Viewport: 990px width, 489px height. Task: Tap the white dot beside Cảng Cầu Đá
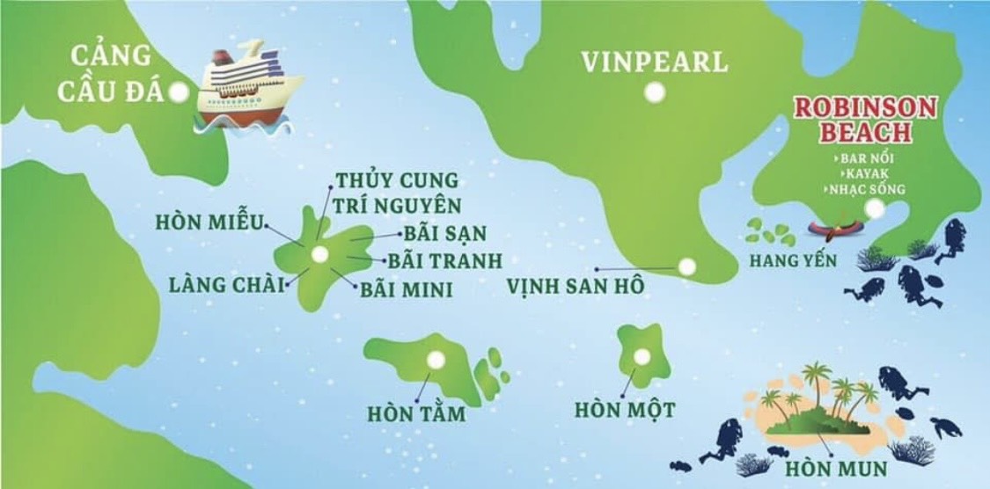(x=180, y=91)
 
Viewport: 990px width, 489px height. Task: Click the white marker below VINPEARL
(x=653, y=91)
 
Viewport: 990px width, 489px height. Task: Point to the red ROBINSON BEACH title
(x=853, y=120)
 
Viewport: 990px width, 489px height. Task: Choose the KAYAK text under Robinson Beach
(x=858, y=173)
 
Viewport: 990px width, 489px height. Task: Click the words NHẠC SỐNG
(x=866, y=189)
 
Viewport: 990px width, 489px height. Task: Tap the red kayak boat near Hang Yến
(x=835, y=232)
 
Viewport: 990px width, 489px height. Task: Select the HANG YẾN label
(x=788, y=260)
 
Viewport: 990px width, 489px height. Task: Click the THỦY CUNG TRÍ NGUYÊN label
(x=397, y=193)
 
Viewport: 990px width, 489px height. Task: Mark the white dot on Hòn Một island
(x=642, y=356)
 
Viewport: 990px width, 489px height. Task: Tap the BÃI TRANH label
(x=447, y=260)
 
